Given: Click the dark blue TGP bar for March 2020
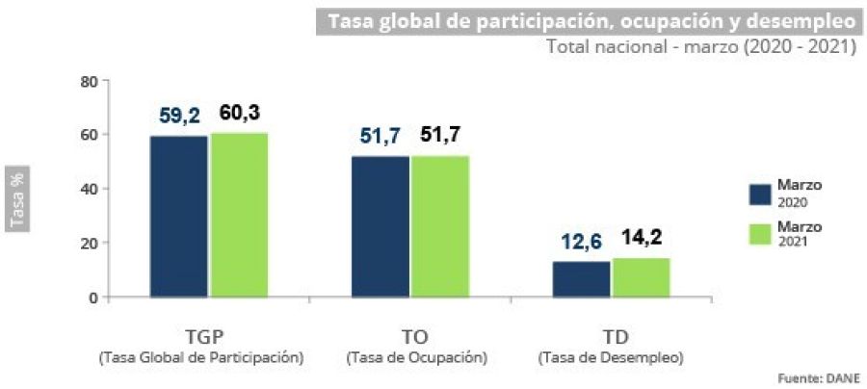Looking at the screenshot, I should pyautogui.click(x=179, y=216).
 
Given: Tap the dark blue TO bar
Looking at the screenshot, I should pyautogui.click(x=381, y=225).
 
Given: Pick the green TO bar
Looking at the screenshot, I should pyautogui.click(x=440, y=225).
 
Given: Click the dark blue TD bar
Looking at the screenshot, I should pyautogui.click(x=581, y=278).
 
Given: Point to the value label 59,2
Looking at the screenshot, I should pyautogui.click(x=179, y=117).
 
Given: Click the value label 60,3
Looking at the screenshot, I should pyautogui.click(x=239, y=113).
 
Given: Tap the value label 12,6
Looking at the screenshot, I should pyautogui.click(x=581, y=242).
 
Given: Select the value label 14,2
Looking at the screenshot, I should pyautogui.click(x=641, y=238).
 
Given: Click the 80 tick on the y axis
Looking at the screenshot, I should pyautogui.click(x=89, y=81).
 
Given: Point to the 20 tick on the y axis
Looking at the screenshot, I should pyautogui.click(x=89, y=243).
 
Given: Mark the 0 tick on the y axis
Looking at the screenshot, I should pyautogui.click(x=93, y=297).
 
